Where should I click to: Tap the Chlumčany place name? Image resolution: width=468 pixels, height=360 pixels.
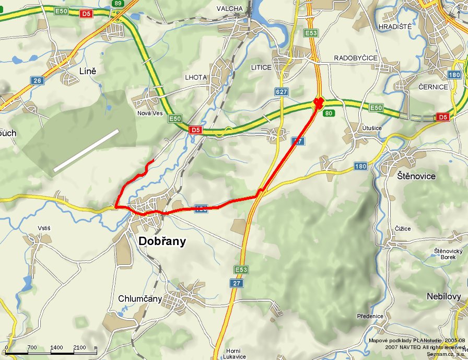pyautogui.click(x=141, y=299)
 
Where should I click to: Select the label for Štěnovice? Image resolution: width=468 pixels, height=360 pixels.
pyautogui.click(x=416, y=176)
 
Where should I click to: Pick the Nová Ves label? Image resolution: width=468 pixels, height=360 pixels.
pyautogui.click(x=150, y=113)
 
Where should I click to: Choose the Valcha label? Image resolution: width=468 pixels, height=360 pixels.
pyautogui.click(x=230, y=8)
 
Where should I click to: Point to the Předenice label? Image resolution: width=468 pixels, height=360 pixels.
pyautogui.click(x=370, y=316)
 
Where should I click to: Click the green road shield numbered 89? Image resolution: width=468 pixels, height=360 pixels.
pyautogui.click(x=117, y=4)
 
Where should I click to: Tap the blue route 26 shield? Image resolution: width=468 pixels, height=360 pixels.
pyautogui.click(x=37, y=80)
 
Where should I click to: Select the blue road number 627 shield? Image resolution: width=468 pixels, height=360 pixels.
pyautogui.click(x=282, y=92)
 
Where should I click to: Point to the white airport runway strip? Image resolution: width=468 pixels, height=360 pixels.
pyautogui.click(x=86, y=150)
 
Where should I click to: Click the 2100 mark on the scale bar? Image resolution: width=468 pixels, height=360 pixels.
pyautogui.click(x=80, y=347)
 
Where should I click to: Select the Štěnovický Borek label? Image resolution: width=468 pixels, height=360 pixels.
pyautogui.click(x=448, y=254)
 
